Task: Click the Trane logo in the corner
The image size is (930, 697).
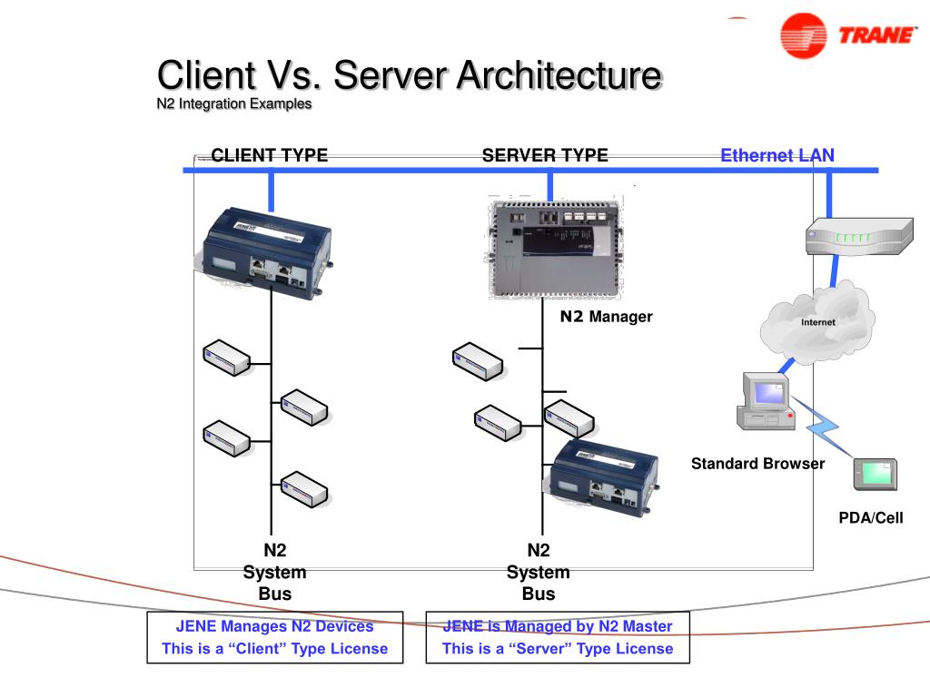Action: click(x=848, y=35)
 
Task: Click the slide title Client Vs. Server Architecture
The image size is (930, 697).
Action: click(x=408, y=74)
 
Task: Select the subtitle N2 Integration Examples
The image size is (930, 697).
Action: click(x=234, y=103)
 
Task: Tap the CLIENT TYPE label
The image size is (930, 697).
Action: click(x=269, y=155)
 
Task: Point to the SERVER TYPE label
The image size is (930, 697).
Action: click(x=545, y=155)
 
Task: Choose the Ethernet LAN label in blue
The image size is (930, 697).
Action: click(x=777, y=155)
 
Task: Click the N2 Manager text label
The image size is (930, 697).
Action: click(x=606, y=317)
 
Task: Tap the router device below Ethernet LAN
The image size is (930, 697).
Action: click(x=857, y=237)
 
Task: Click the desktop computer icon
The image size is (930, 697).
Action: click(x=766, y=400)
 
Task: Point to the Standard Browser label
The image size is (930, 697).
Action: click(x=757, y=464)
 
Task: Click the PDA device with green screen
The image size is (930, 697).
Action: click(x=876, y=474)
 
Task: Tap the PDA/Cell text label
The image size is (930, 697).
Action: click(x=870, y=518)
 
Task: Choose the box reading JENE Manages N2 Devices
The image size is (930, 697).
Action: click(x=274, y=637)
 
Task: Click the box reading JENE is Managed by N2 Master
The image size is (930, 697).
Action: click(x=558, y=637)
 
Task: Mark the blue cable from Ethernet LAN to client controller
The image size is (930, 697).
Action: click(x=271, y=191)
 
